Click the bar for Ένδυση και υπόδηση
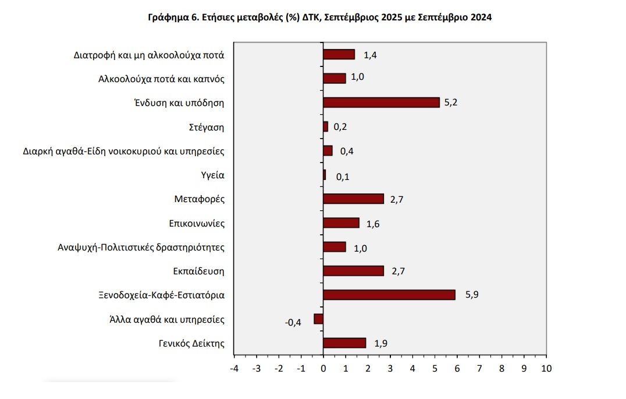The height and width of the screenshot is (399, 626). (x=381, y=103)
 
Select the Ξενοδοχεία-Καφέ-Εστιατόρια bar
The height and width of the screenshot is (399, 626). (x=389, y=295)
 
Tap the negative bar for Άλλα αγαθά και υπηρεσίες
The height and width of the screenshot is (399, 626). (x=318, y=319)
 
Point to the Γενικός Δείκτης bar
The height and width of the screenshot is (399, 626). (x=344, y=343)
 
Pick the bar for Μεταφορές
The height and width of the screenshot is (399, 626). (x=353, y=199)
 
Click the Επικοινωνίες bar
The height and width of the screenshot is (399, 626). (x=341, y=223)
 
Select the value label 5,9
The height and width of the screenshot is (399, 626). (x=472, y=295)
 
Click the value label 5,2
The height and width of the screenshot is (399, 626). (x=451, y=103)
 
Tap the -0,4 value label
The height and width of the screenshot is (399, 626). (x=293, y=323)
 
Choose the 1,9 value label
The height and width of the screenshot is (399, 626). (x=381, y=343)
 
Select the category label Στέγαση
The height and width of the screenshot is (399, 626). (x=207, y=127)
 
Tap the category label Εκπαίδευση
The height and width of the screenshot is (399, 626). (x=199, y=271)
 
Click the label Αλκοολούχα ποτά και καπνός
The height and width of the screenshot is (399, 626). (x=161, y=79)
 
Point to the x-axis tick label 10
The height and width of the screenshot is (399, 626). (x=546, y=368)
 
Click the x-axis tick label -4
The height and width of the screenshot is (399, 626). (x=234, y=368)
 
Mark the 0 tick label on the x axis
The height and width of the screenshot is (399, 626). (x=323, y=368)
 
